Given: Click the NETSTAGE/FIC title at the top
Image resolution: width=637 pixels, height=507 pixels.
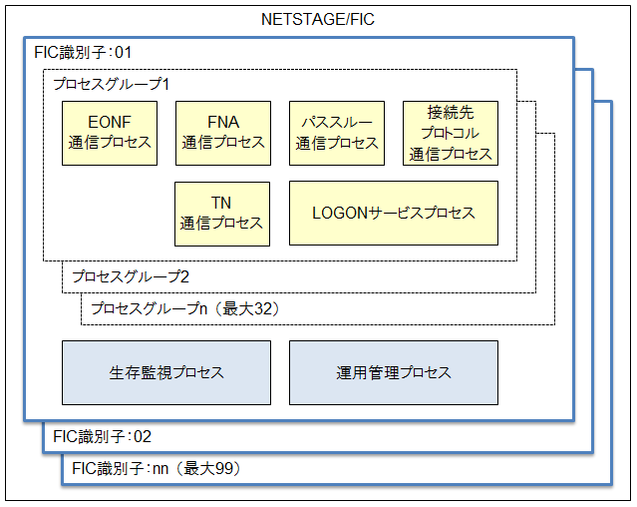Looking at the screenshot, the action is point(318,19).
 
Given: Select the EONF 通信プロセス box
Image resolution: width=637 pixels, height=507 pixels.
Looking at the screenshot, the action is point(110,134).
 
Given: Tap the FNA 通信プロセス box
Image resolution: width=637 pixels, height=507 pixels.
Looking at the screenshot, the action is point(223,134).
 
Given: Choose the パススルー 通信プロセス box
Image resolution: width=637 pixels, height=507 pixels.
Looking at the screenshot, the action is point(337,134).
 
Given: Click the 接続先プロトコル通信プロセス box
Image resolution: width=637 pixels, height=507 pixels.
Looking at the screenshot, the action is point(451,134).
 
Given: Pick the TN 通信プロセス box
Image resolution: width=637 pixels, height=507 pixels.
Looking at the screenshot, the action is point(222,214).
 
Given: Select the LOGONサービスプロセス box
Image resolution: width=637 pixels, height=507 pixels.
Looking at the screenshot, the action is point(394,213).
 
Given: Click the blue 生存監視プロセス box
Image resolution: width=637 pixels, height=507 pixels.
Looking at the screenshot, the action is point(166,373).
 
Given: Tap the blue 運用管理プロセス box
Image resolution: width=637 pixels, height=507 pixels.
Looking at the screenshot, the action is point(394,373).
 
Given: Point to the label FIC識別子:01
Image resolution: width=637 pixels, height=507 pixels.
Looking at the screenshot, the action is point(83,53).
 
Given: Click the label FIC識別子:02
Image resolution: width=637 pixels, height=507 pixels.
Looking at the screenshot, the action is point(102,437).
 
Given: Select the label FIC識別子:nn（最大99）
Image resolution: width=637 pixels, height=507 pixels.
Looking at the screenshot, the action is point(156,469).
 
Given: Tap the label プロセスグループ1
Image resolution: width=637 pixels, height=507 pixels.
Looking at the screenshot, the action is point(112,84).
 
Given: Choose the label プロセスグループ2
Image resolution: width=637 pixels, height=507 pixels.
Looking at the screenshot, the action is point(131,276).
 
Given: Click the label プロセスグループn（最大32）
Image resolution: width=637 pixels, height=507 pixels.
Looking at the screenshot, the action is point(185,308).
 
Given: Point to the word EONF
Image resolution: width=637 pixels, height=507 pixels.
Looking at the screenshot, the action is point(110,122).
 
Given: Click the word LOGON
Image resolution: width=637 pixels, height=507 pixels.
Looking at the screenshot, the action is point(340,213).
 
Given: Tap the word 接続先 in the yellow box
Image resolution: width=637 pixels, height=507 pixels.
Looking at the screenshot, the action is point(451,112).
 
